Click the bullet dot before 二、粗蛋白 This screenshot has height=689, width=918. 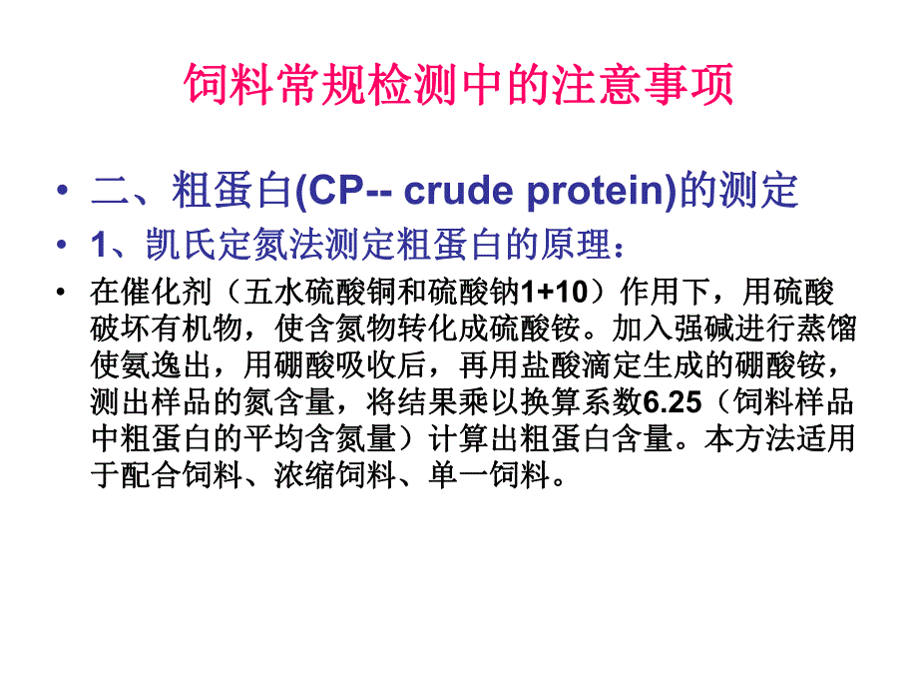(x=65, y=190)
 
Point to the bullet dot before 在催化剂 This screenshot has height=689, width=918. (x=65, y=294)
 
